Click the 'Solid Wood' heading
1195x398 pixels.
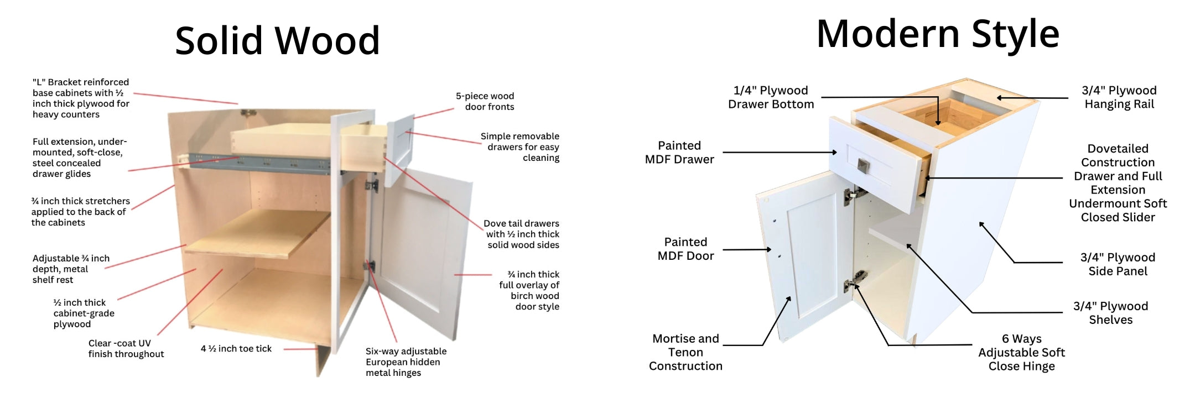277,40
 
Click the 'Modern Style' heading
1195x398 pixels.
938,34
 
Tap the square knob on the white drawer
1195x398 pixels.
863,165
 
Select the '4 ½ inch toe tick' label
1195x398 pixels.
236,349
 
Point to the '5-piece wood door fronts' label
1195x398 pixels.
485,102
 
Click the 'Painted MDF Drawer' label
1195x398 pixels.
679,153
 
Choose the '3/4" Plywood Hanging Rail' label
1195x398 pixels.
1119,97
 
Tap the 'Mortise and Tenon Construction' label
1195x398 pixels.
685,352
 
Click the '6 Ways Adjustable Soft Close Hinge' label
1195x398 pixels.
1021,353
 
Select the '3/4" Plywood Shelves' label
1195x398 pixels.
1110,313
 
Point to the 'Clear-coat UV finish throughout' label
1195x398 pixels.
126,349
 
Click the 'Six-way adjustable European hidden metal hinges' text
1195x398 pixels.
406,362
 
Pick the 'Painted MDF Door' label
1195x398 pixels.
685,249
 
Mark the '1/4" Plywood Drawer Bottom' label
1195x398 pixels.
771,97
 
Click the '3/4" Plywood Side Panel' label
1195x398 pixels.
1118,264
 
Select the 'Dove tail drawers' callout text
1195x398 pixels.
522,234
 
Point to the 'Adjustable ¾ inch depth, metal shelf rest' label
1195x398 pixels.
71,269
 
